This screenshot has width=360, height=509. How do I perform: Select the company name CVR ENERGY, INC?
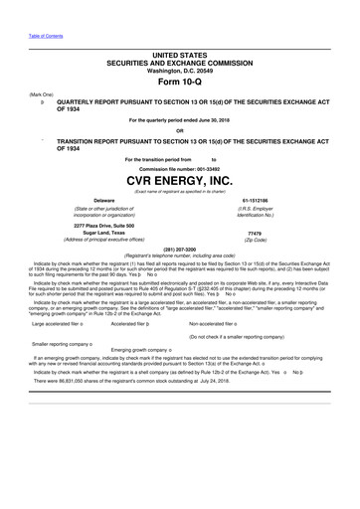(180, 180)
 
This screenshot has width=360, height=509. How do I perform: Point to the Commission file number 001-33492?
(181, 167)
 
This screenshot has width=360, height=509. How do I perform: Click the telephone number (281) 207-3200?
(180, 249)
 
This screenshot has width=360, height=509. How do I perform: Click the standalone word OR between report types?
(180, 130)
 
